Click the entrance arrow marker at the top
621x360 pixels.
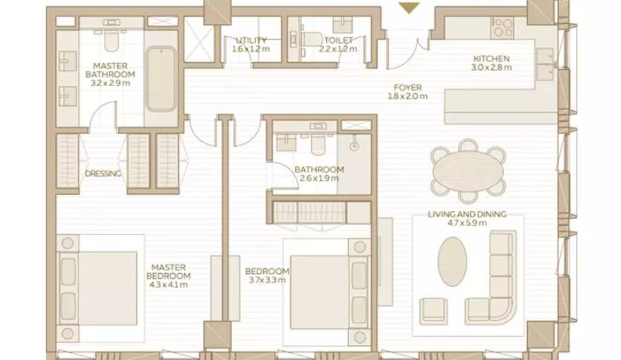tap(409, 8)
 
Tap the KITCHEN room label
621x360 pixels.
tap(491, 64)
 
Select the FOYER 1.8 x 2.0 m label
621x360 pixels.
tap(408, 92)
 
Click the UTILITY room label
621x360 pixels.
tap(251, 45)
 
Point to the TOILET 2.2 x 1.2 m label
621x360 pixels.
tap(338, 45)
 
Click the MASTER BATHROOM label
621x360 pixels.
tap(110, 74)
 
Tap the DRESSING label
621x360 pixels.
tap(103, 174)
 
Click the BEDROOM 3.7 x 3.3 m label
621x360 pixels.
tap(266, 276)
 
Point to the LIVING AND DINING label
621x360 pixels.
tap(467, 219)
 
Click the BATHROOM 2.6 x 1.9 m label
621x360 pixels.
tap(319, 174)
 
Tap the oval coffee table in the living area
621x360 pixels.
tap(452, 261)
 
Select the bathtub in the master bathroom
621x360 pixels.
tap(161, 78)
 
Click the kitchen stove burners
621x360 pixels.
tap(502, 28)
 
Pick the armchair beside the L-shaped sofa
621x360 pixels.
tap(433, 311)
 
